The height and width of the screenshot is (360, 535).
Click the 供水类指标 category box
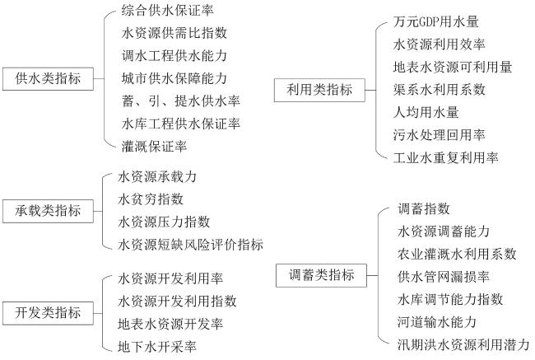(48, 78)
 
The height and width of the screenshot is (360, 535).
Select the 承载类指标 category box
(48, 210)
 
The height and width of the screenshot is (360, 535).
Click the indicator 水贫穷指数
(151, 199)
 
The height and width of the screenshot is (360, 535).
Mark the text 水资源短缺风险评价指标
(191, 244)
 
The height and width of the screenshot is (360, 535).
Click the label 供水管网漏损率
(444, 276)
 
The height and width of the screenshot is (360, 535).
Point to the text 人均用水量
(426, 111)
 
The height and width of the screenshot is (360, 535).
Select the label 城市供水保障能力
(174, 79)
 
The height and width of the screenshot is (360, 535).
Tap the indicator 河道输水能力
(437, 321)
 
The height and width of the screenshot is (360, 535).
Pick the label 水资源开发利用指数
(178, 301)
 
